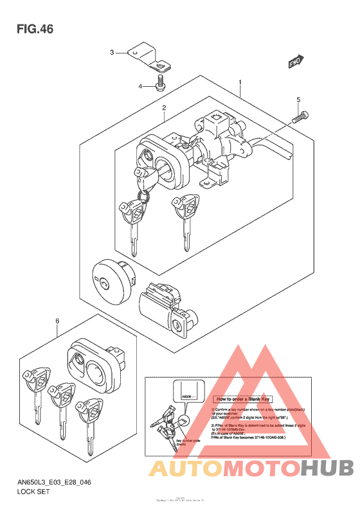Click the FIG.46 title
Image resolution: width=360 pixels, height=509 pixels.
[x=35, y=30]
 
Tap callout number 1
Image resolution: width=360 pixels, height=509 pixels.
[x=240, y=83]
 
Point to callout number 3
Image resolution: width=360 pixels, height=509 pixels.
[x=111, y=52]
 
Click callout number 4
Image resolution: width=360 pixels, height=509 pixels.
[x=139, y=85]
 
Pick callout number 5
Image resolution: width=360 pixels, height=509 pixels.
[x=298, y=100]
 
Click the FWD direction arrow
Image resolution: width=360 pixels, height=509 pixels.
[x=295, y=62]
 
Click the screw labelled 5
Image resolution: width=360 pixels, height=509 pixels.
[x=300, y=118]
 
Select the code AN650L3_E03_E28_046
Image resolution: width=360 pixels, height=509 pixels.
[x=55, y=481]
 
